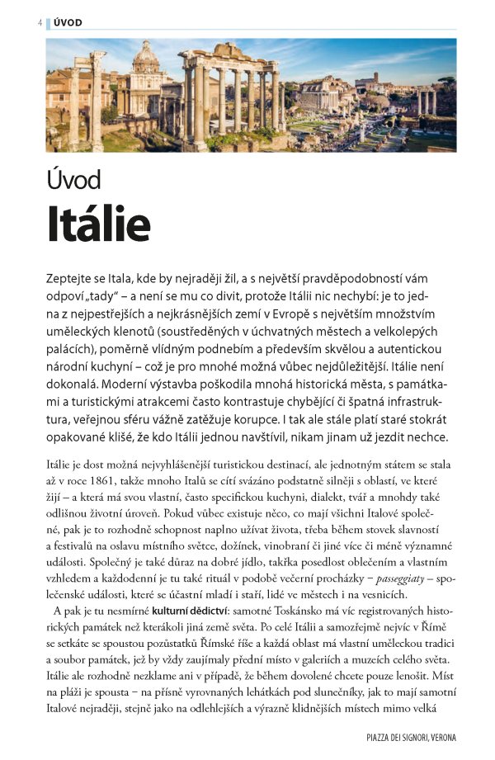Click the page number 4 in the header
[x=40, y=22]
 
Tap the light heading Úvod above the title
[x=73, y=179]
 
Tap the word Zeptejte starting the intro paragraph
[x=73, y=278]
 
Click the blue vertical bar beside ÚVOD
[x=48, y=22]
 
